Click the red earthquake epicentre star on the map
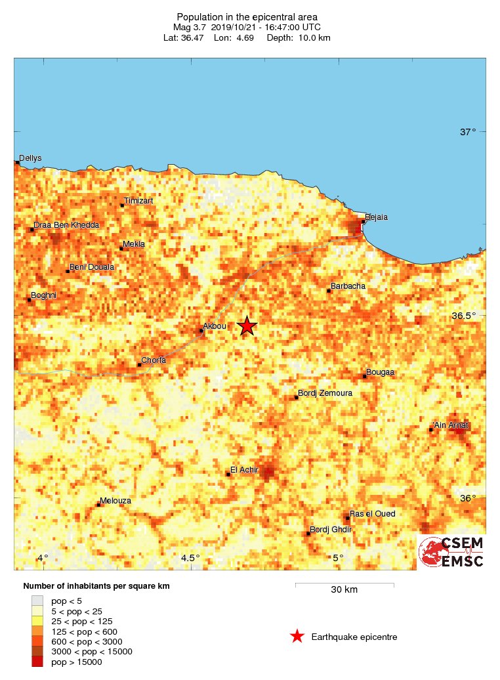point(247,326)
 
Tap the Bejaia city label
point(377,217)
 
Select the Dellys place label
point(30,158)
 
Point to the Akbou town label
point(215,326)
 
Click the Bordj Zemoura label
point(325,393)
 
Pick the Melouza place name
point(117,500)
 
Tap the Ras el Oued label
point(373,513)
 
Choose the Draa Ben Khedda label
point(67,225)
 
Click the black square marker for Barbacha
point(329,290)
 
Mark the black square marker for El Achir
point(228,474)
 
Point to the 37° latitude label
point(468,132)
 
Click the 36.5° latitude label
point(464,316)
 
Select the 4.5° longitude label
point(190,558)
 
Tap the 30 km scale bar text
point(344,589)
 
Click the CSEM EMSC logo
point(451,552)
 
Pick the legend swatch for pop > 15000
point(37,662)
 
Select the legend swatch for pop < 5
point(37,601)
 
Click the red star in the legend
point(297,636)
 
